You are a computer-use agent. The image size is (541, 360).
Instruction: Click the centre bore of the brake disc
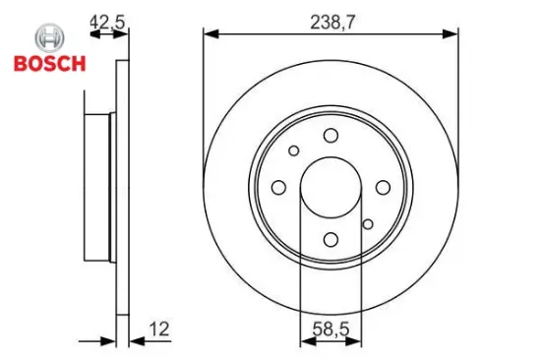[x=331, y=187]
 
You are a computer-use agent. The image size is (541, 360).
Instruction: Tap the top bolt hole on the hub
[x=331, y=135]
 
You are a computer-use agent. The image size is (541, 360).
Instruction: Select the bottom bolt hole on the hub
[x=331, y=239]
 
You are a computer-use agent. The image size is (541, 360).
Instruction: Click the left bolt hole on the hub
[x=278, y=187]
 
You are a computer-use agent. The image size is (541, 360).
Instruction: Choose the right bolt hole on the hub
[x=383, y=187]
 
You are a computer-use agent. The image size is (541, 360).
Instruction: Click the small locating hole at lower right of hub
[x=368, y=224]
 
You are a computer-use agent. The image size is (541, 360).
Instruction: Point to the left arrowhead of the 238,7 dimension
[x=210, y=33]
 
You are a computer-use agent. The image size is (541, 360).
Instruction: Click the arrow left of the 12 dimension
[x=109, y=342]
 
